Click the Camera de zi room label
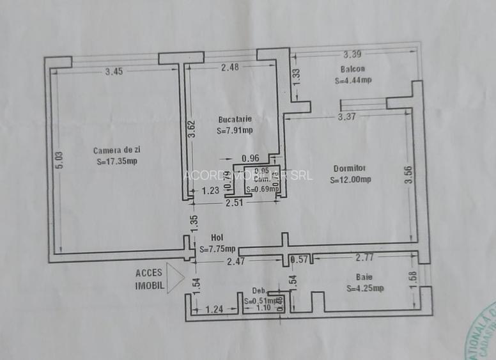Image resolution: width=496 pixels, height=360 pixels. pos(117,150)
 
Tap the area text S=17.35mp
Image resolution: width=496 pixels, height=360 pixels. pos(117,161)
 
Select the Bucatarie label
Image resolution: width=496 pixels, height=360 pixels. pos(235,119)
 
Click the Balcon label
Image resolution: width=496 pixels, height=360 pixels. pos(352,69)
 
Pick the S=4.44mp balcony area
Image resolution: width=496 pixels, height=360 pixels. pos(353,81)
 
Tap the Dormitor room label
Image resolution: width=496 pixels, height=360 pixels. pos(350,169)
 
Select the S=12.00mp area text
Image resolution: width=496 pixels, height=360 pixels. pos(350,180)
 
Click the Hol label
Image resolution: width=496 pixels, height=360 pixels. pos(217,238)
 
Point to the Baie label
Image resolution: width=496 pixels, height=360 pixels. pos(364,277)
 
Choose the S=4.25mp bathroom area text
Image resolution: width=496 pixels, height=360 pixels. pos(365,288)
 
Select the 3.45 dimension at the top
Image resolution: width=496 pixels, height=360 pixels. pos(114,72)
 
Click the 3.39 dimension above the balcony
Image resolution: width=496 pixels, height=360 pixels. pos(353,54)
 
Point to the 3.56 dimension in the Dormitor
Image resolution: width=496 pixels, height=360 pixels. pos(408,175)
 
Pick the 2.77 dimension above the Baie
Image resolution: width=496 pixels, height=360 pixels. pos(365,258)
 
